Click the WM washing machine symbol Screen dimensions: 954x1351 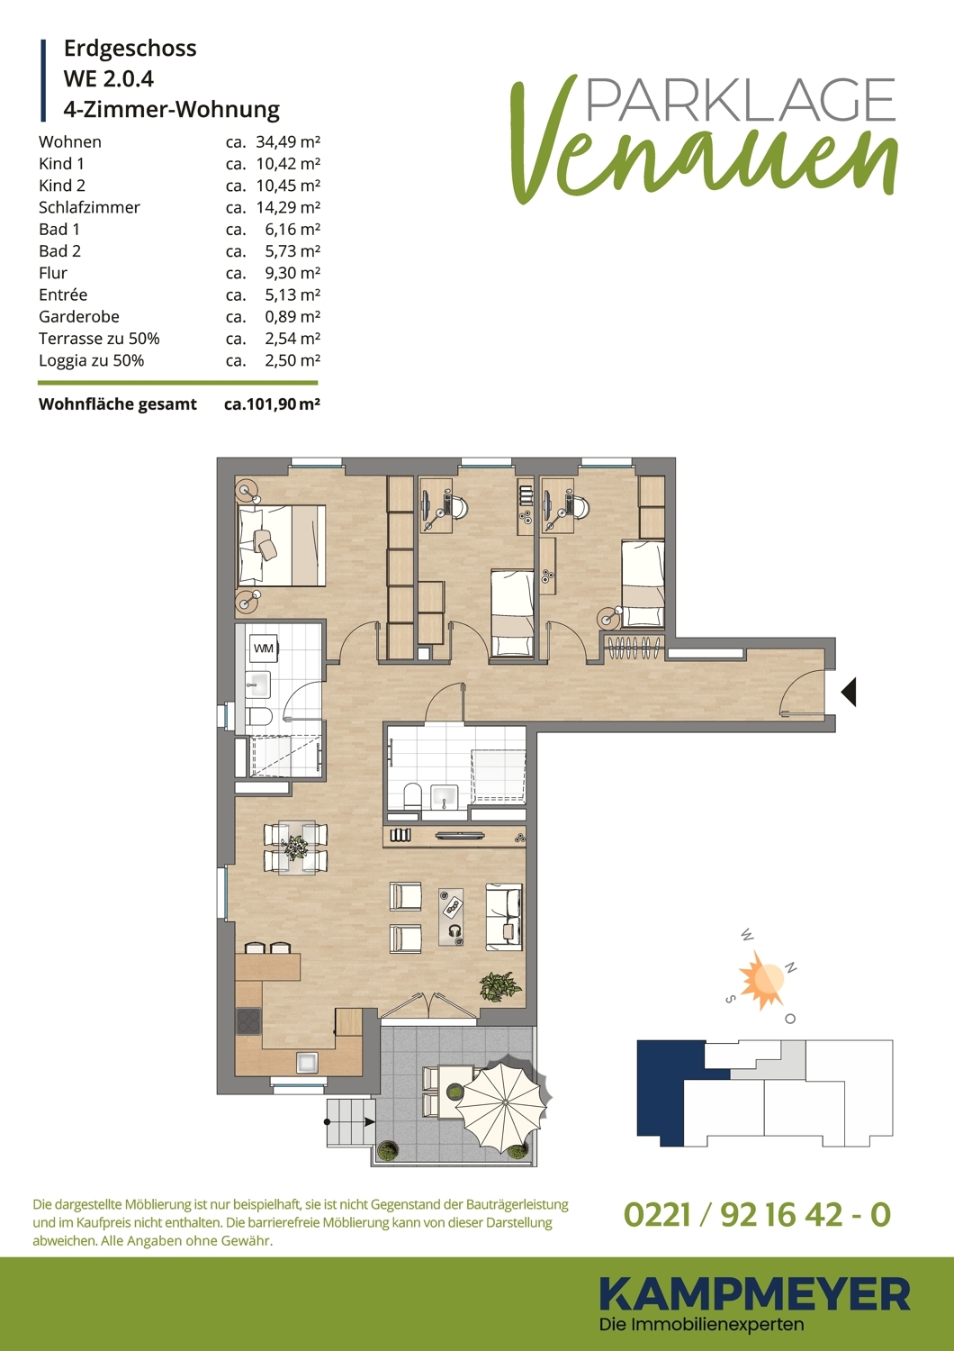click(264, 649)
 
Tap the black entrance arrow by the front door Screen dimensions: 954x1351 click(849, 692)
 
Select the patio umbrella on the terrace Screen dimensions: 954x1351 click(501, 1102)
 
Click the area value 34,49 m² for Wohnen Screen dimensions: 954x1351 click(288, 141)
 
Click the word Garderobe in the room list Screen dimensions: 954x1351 click(79, 317)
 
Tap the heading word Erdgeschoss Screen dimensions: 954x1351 click(130, 49)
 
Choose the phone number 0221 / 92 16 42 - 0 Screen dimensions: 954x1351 click(757, 1214)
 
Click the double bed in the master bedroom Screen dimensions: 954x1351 click(282, 545)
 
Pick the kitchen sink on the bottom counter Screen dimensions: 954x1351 click(307, 1062)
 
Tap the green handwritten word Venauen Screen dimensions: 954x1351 click(705, 145)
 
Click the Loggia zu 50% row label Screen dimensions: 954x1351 click(92, 360)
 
